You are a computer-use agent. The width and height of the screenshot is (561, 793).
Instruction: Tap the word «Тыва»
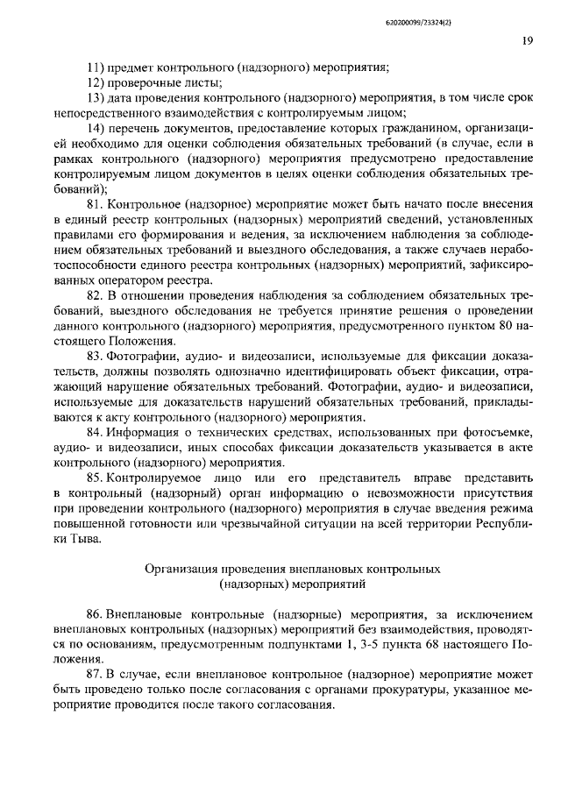tap(88, 540)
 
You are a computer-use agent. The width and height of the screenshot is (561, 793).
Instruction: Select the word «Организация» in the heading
tap(181, 570)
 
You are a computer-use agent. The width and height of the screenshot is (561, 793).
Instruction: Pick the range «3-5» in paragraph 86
tap(364, 647)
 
